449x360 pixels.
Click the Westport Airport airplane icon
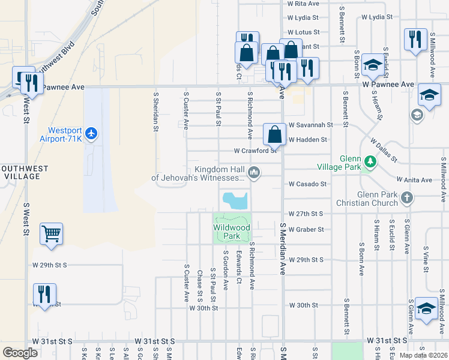[91, 133]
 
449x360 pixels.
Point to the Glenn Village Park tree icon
[370, 161]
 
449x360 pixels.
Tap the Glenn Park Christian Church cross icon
[407, 197]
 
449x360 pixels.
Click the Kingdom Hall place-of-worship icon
[255, 173]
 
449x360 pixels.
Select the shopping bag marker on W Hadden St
[274, 135]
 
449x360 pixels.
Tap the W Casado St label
[307, 184]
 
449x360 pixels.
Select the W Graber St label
[306, 229]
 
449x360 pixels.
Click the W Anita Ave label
[414, 180]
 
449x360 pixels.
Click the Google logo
[20, 353]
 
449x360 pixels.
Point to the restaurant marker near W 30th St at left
[44, 295]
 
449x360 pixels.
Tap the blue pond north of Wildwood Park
[235, 200]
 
